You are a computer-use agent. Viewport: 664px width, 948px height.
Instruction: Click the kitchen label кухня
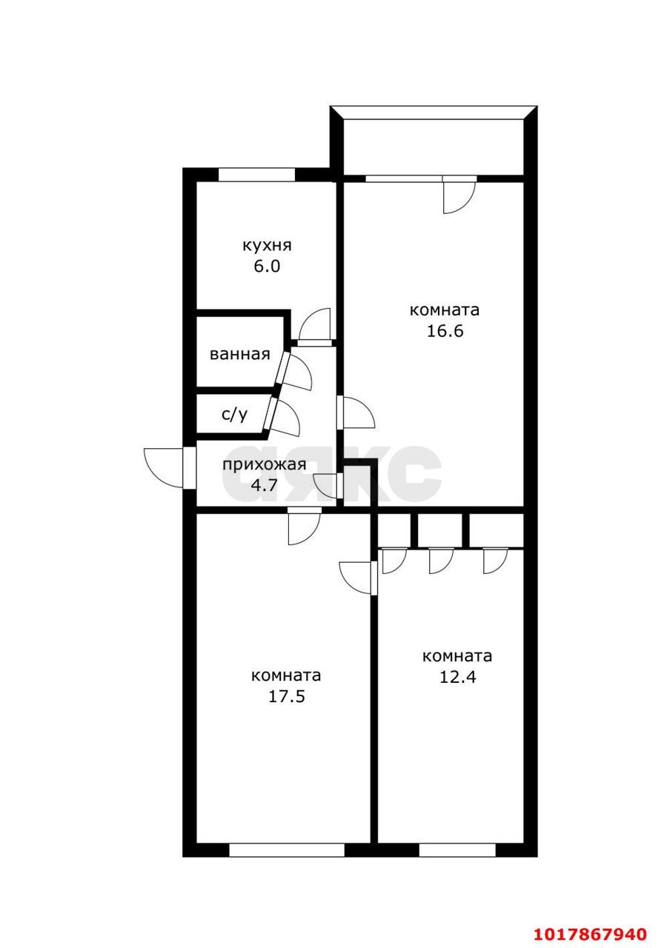point(267,246)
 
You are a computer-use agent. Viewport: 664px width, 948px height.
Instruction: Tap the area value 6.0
point(267,266)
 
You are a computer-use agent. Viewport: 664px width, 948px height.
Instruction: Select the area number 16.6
point(445,330)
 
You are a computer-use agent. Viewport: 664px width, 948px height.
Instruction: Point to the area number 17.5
point(286,697)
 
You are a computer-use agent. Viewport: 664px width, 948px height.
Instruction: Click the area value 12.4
point(457,677)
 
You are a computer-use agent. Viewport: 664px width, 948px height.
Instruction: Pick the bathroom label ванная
point(239,354)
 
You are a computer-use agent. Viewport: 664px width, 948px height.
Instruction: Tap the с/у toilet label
point(235,415)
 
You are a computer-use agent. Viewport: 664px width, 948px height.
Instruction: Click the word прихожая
point(265,464)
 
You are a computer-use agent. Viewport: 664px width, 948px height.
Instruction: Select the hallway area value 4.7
point(265,484)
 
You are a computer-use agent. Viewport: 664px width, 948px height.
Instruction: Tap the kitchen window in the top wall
point(256,175)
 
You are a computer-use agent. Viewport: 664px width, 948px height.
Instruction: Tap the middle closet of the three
point(440,531)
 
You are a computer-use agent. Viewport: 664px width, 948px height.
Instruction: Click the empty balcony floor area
point(434,146)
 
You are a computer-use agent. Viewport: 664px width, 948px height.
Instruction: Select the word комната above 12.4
point(457,657)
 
